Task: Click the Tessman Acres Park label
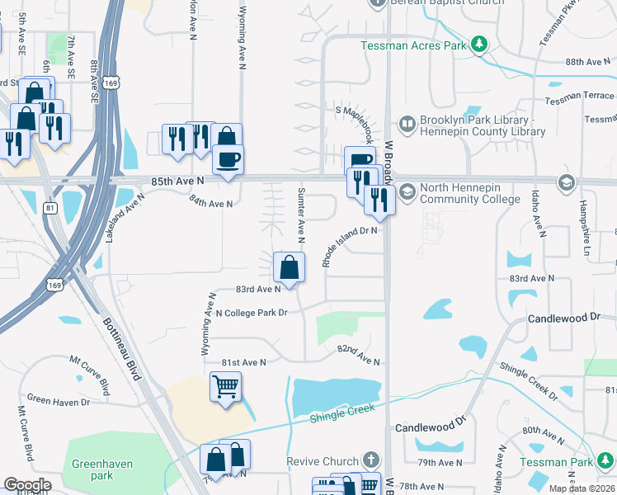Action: pyautogui.click(x=413, y=45)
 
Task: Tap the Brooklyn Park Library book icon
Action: pyautogui.click(x=407, y=125)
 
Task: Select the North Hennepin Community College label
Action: pyautogui.click(x=469, y=193)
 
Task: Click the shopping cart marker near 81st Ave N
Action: pyautogui.click(x=225, y=386)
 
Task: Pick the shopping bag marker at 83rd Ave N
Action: pyautogui.click(x=289, y=267)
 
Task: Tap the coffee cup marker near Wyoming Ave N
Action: pyautogui.click(x=228, y=158)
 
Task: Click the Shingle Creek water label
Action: pyautogui.click(x=342, y=414)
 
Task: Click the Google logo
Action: pyautogui.click(x=27, y=484)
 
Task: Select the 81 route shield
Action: pyautogui.click(x=51, y=208)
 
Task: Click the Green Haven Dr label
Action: pyautogui.click(x=58, y=402)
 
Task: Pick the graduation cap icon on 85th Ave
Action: pyautogui.click(x=566, y=181)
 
